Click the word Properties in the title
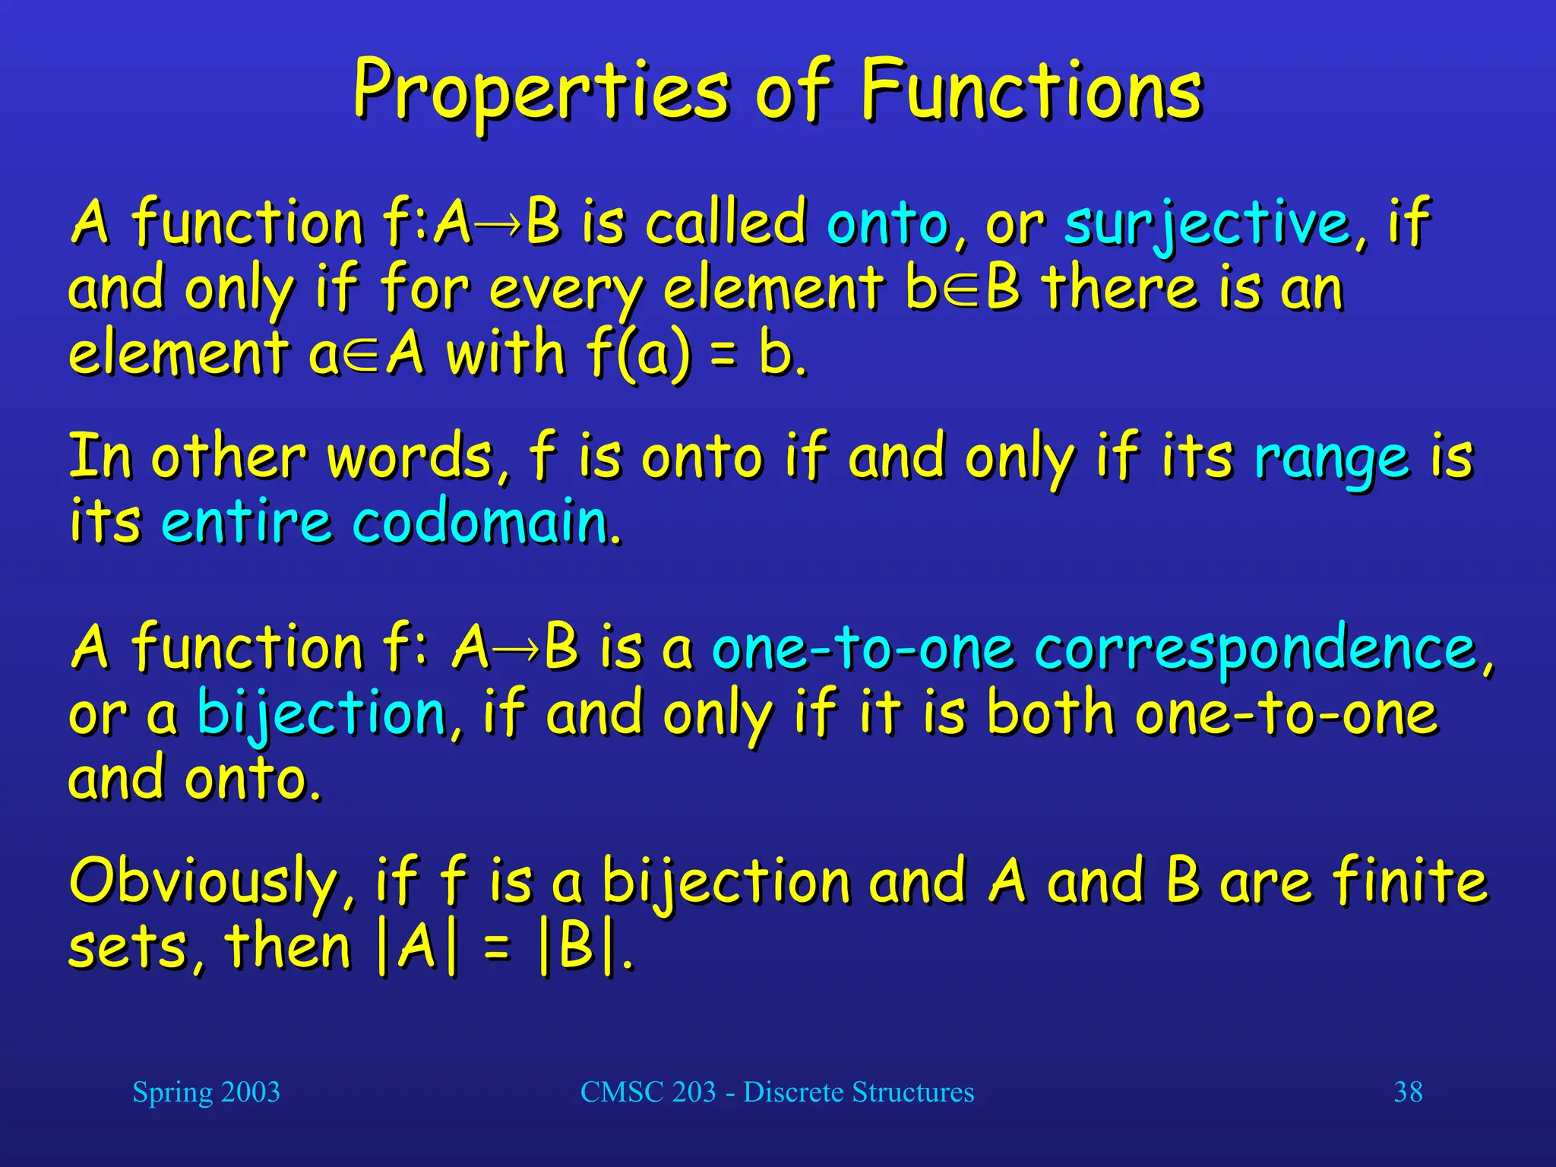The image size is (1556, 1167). tap(540, 93)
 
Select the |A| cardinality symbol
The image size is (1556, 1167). tap(417, 948)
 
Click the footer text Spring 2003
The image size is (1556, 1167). tap(206, 1093)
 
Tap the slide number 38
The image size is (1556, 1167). tap(1408, 1093)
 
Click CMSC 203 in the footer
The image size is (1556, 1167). tap(647, 1093)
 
